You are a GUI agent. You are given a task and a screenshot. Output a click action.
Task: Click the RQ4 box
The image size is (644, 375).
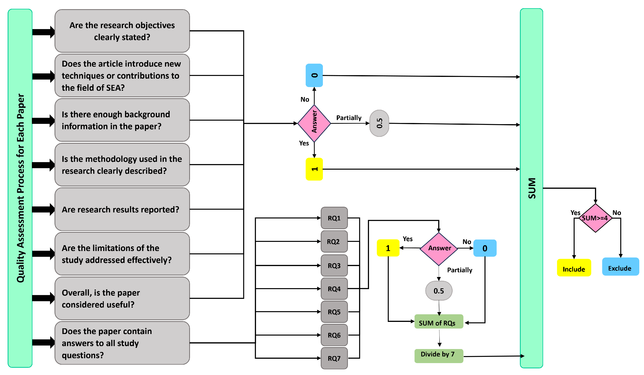[x=334, y=289]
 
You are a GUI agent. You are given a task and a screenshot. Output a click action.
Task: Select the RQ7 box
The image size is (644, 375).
[x=334, y=358]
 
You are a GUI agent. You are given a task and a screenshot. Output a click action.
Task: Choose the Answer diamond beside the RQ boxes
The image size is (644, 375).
[x=439, y=248]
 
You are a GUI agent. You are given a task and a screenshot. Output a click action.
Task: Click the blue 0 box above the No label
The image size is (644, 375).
[x=314, y=75]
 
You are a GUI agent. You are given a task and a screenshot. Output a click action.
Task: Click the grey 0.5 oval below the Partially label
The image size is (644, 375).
[x=439, y=291]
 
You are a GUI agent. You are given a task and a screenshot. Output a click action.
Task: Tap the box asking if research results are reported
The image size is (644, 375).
[x=122, y=209]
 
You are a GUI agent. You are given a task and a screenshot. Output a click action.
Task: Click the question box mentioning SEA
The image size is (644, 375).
[x=122, y=76]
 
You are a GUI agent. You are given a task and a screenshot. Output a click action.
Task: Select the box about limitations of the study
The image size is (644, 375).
[x=122, y=254]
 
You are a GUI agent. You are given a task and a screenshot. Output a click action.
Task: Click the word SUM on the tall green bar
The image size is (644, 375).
[x=532, y=188]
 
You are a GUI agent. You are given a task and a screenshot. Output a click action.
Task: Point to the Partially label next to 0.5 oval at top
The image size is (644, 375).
[x=348, y=118]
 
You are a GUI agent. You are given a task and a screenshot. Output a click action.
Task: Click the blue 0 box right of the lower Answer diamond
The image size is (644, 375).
[x=485, y=248]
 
